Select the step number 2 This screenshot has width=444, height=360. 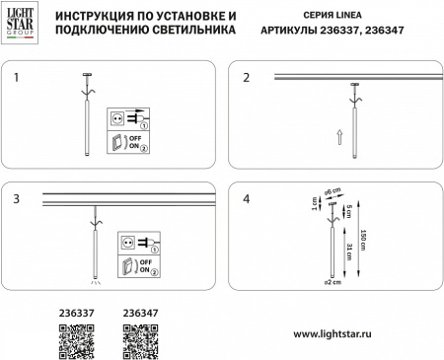(246, 76)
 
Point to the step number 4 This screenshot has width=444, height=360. (246, 198)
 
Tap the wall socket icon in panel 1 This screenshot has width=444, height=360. (119, 117)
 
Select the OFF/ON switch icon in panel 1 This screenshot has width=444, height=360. (120, 144)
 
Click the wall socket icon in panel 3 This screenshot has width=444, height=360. (126, 241)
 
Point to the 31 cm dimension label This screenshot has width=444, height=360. (341, 258)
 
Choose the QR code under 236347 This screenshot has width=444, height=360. (138, 341)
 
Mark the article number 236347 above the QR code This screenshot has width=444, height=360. (138, 315)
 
